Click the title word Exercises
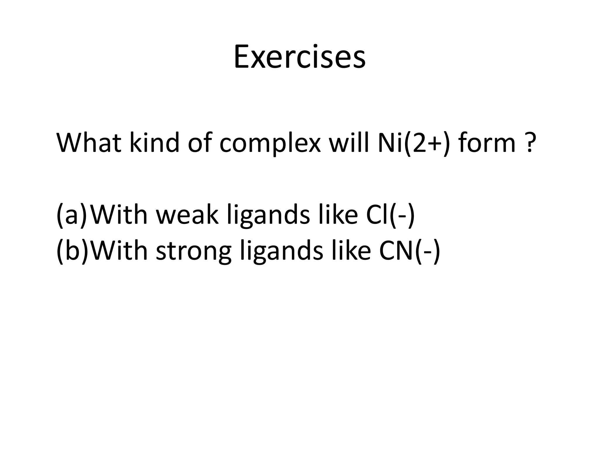tap(299, 57)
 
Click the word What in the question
tap(89, 143)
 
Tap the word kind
tap(154, 143)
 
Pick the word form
tap(487, 143)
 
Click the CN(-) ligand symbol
tap(409, 251)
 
